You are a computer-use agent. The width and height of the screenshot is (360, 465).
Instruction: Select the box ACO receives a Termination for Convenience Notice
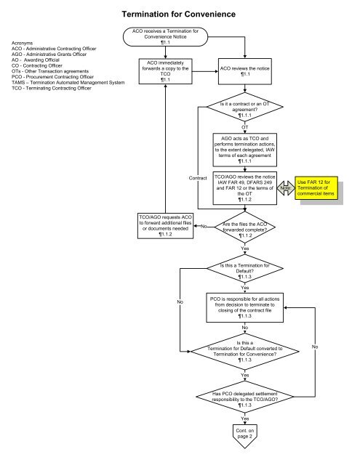coord(165,37)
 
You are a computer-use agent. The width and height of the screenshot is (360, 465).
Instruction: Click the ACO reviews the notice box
coord(245,70)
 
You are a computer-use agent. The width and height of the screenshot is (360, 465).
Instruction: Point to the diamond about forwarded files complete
coord(245,227)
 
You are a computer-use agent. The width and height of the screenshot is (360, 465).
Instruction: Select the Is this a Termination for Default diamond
coord(245,270)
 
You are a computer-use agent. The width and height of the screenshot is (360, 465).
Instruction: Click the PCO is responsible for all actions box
coord(245,308)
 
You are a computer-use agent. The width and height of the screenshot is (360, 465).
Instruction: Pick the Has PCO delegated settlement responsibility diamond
coord(245,397)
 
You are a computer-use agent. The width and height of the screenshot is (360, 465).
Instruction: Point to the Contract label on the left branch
coord(197,177)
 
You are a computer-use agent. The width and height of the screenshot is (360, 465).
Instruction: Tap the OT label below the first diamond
coord(245,126)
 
